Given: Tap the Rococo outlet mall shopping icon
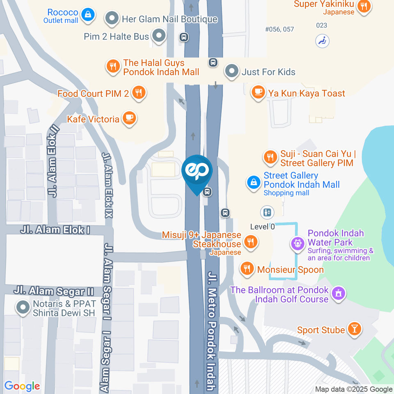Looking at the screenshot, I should (x=87, y=16).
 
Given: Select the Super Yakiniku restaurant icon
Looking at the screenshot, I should (x=364, y=6).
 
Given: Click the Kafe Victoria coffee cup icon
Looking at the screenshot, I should (x=130, y=119).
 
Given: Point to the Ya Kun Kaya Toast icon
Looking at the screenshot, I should (x=258, y=93).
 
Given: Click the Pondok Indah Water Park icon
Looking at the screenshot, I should (x=297, y=243).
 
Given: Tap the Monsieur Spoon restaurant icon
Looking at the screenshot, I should (x=247, y=269).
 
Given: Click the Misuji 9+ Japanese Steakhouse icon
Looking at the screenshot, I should (x=250, y=242).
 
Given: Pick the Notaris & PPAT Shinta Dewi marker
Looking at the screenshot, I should (x=22, y=307).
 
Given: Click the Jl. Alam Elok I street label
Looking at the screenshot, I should (x=55, y=230).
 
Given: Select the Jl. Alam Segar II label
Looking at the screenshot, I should (x=53, y=291).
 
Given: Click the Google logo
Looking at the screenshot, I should (x=22, y=386).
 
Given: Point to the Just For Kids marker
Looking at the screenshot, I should (x=232, y=71).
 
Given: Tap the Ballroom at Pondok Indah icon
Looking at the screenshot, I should (x=339, y=293).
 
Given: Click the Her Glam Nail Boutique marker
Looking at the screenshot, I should (x=111, y=18).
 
